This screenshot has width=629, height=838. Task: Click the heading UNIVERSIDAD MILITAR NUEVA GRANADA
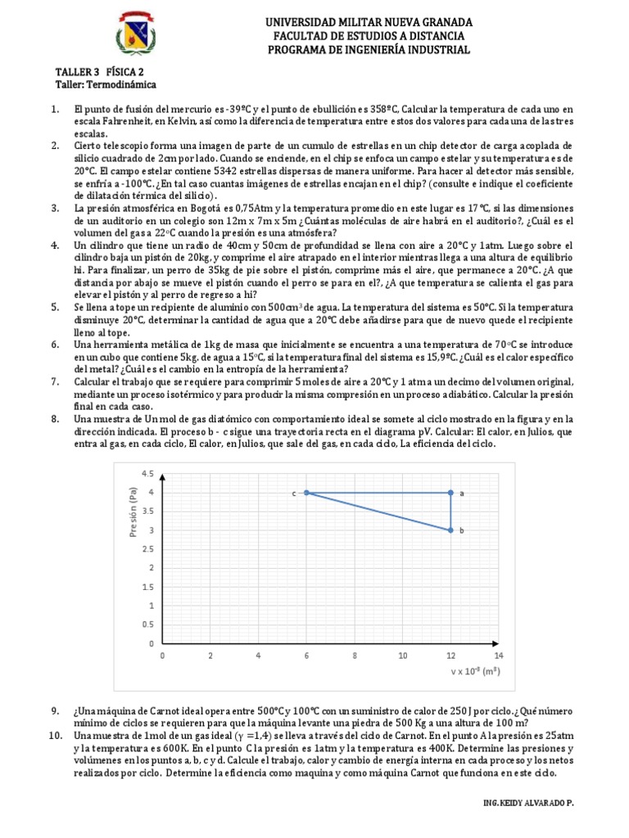click(369, 21)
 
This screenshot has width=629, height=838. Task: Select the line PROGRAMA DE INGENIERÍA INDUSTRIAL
click(369, 50)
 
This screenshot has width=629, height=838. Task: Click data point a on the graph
click(450, 493)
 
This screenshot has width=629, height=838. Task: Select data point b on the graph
click(450, 530)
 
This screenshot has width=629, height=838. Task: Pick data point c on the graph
click(306, 493)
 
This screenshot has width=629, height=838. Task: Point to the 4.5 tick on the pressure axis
click(148, 474)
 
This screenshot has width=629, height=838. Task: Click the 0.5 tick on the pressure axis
click(148, 625)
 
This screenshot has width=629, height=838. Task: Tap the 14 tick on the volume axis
click(498, 656)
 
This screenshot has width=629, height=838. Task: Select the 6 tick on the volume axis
click(306, 656)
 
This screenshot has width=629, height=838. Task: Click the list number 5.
click(54, 307)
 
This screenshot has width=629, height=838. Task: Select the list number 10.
click(56, 736)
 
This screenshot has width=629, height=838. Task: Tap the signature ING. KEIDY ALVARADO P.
click(529, 804)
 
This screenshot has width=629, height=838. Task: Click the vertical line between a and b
click(450, 511)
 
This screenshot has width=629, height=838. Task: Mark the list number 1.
click(54, 109)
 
